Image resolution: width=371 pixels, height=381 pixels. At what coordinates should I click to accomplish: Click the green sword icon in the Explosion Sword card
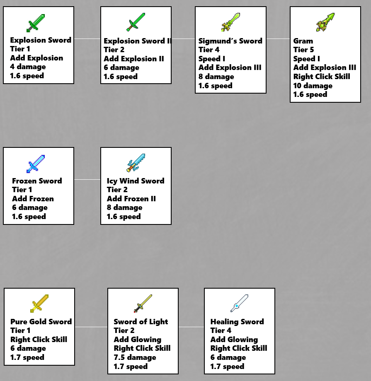pos(36,23)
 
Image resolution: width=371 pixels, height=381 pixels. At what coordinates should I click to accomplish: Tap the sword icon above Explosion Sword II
pos(136,22)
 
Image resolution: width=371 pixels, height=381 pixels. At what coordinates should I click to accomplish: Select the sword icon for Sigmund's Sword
pos(230,22)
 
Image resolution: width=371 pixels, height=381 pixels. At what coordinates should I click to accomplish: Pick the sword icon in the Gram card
pos(325,22)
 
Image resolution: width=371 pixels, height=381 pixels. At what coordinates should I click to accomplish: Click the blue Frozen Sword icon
pos(36,164)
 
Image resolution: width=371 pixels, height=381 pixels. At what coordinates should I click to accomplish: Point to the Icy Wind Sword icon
pos(136,163)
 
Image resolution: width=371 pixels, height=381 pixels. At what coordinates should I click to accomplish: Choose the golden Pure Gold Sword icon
pos(39,304)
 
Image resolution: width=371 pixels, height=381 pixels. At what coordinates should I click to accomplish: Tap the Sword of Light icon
pos(143,304)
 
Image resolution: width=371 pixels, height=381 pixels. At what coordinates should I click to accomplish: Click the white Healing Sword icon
pos(239,304)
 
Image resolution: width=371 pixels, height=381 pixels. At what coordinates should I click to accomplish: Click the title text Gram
pos(303,41)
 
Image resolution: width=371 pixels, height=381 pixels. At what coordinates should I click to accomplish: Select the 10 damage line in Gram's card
pos(313,86)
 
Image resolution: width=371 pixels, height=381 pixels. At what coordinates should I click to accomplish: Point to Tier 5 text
pos(303,50)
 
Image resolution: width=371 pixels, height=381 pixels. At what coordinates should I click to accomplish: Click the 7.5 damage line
pos(135,357)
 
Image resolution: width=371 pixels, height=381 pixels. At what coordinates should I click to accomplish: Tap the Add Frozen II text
pos(131,199)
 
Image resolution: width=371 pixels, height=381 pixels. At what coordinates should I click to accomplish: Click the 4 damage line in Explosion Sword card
pos(28,67)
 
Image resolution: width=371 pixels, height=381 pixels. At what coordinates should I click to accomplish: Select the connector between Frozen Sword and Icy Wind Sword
pos(87,180)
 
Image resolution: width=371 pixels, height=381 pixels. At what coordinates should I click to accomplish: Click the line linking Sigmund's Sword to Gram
pos(278,39)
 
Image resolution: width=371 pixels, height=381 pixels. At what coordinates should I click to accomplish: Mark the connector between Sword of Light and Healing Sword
pos(192,327)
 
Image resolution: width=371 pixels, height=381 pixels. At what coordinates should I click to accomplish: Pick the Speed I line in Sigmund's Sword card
pos(212,59)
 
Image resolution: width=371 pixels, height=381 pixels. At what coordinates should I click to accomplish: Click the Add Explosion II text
pos(134,59)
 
